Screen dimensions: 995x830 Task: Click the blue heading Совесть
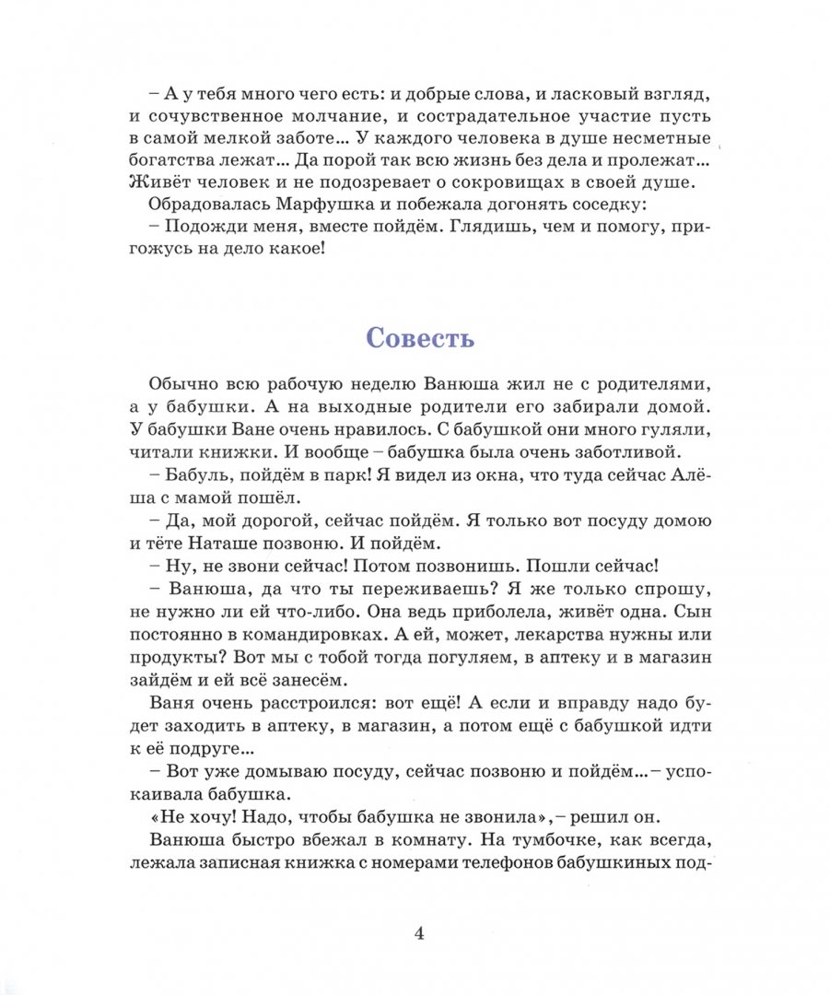[x=420, y=337]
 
